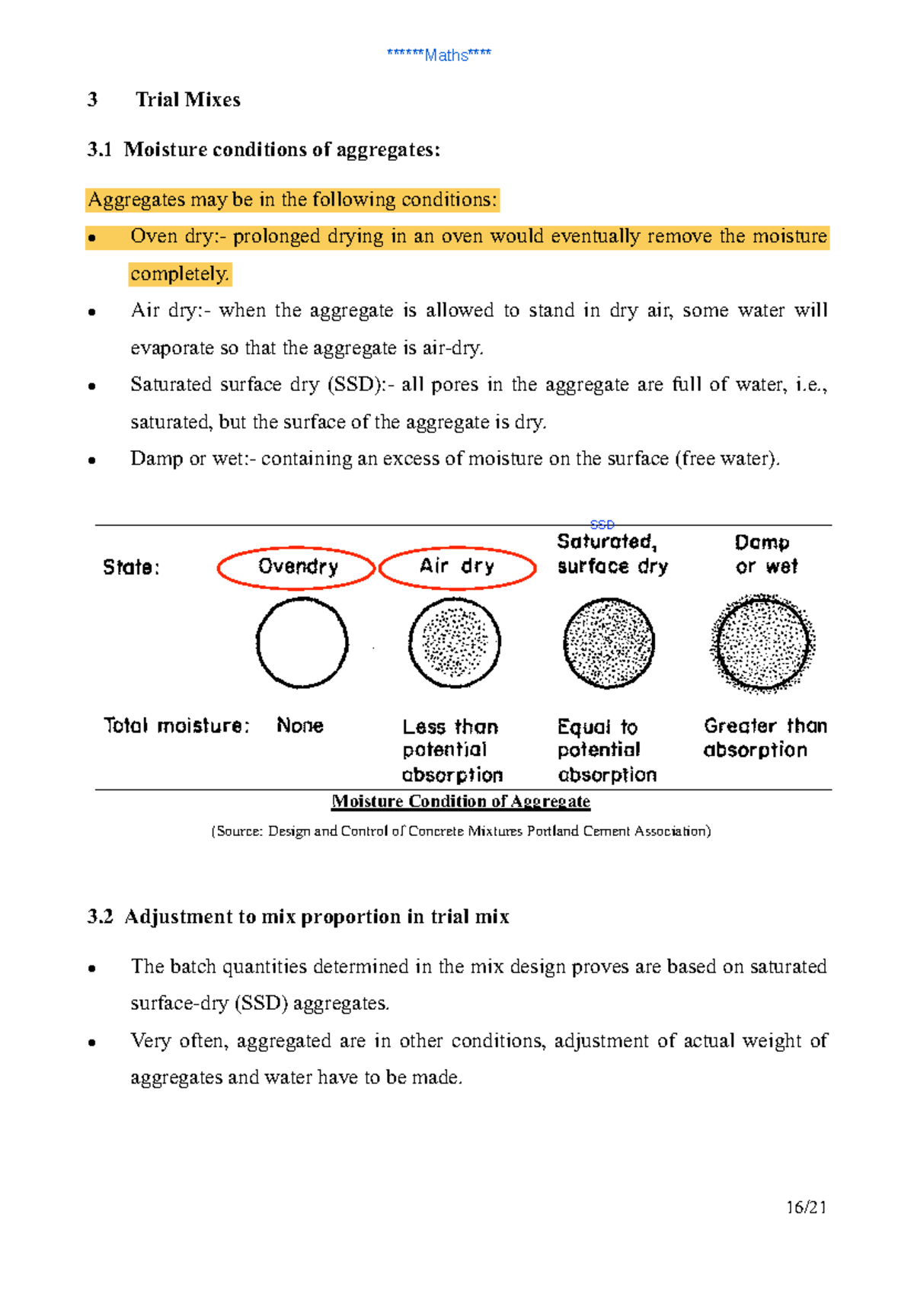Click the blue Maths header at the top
[439, 55]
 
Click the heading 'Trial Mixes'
[187, 100]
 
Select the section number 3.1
[99, 149]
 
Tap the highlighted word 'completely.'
[180, 274]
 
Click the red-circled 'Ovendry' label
[297, 567]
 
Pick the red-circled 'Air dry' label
[457, 567]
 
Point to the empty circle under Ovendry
[302, 643]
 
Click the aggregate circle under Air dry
[455, 643]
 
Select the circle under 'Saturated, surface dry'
[609, 643]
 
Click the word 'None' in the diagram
[300, 725]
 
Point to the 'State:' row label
[131, 568]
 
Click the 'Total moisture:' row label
[176, 725]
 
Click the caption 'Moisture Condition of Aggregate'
[461, 802]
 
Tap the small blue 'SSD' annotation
[602, 525]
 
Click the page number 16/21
[806, 1207]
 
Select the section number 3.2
[100, 917]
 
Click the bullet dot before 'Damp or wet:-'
[91, 460]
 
